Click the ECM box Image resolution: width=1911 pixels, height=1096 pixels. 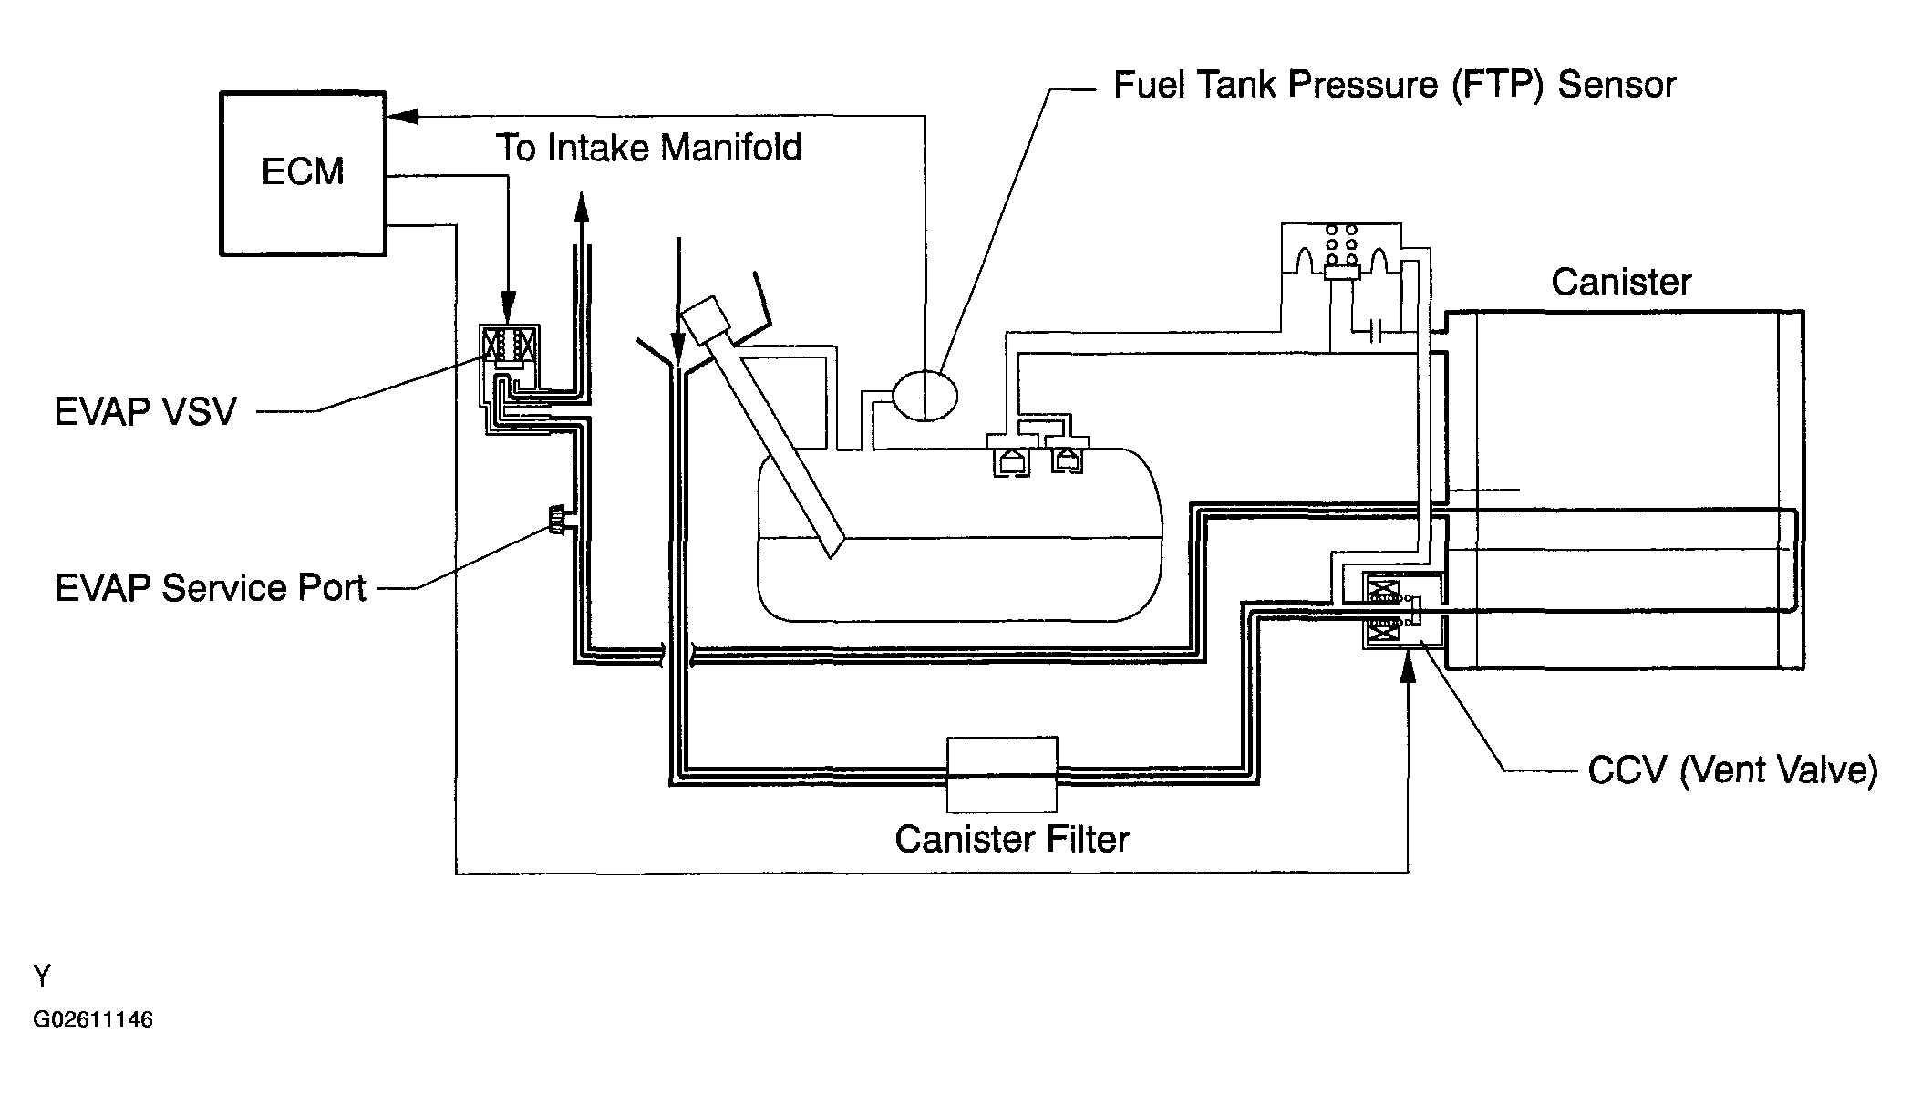pos(304,173)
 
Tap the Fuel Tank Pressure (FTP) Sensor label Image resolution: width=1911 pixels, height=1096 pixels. pos(1395,85)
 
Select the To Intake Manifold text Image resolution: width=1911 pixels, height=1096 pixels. pos(649,148)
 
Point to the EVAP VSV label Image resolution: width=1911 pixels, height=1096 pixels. pos(146,412)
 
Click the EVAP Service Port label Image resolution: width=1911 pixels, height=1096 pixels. pos(211,588)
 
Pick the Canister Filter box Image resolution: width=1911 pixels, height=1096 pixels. pos(1002,774)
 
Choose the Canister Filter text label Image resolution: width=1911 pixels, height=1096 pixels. pos(1012,839)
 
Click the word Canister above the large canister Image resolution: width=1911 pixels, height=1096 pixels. pos(1621,282)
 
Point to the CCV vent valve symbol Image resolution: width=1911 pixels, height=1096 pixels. pos(1402,610)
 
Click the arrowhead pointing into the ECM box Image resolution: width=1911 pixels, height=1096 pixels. pos(402,116)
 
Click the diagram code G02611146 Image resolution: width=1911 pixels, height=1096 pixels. pos(93,1019)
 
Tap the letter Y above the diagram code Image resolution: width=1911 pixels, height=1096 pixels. pos(42,977)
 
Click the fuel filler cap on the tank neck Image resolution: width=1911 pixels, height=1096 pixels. pos(707,320)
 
